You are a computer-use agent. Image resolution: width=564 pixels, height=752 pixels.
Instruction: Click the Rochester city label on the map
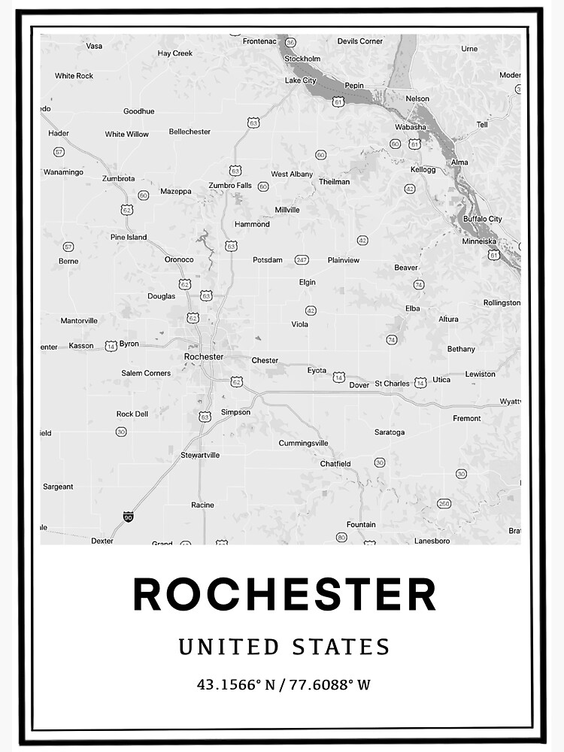click(203, 356)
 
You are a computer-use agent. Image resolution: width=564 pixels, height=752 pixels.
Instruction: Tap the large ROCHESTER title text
click(284, 595)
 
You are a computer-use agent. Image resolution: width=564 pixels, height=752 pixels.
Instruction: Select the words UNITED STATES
click(284, 647)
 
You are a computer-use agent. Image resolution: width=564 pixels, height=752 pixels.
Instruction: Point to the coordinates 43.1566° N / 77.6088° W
click(284, 685)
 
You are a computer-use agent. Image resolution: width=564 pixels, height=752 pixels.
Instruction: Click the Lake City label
click(301, 80)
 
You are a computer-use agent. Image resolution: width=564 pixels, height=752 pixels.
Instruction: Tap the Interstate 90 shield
click(128, 517)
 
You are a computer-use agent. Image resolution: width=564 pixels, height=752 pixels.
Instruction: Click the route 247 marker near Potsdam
click(302, 259)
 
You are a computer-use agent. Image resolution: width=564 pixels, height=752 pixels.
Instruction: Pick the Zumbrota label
click(120, 179)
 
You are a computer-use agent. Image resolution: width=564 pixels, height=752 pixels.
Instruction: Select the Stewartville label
click(200, 455)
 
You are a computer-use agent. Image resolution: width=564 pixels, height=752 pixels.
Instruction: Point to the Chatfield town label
click(335, 464)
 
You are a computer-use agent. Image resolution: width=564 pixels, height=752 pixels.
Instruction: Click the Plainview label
click(344, 260)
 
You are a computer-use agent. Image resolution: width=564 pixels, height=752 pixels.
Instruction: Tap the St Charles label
click(392, 384)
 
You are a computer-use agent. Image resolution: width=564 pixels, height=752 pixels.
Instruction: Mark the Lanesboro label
click(432, 541)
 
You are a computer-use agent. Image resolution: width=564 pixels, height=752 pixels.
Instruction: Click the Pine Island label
click(129, 238)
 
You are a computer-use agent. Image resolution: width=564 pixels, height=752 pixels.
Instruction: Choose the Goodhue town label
click(138, 111)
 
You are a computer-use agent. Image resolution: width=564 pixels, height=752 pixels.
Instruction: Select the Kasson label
click(81, 346)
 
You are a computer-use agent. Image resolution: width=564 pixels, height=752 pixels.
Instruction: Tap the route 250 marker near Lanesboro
click(444, 503)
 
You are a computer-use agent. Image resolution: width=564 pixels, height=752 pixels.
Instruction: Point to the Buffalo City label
click(482, 219)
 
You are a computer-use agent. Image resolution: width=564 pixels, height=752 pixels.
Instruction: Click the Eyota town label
click(317, 370)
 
